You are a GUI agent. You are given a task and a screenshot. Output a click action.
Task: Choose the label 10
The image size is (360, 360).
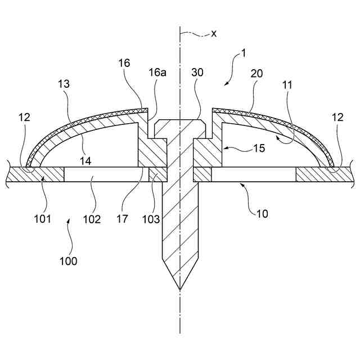coord(263,213)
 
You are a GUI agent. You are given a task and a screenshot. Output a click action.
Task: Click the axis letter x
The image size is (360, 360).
coord(214,33)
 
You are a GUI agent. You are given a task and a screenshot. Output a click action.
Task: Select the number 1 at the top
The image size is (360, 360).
coord(244,53)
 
